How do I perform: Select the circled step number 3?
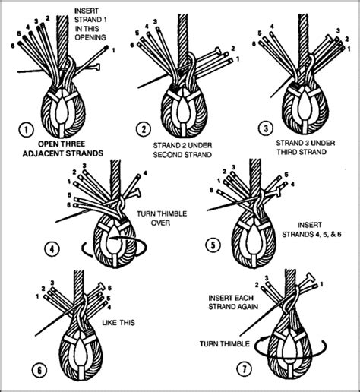point(264,128)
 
